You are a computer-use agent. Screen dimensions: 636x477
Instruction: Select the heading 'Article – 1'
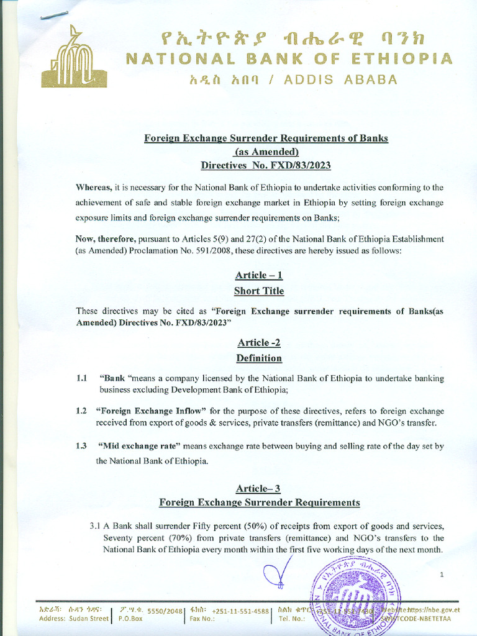coord(259,275)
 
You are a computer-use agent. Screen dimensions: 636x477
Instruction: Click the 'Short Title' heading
coord(259,291)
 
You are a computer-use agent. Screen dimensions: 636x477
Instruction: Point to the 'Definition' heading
coord(259,358)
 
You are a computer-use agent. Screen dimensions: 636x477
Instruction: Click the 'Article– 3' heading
coord(259,488)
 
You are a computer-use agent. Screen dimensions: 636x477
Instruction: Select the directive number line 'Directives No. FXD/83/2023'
coord(266,165)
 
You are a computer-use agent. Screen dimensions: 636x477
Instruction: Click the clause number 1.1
coord(81,378)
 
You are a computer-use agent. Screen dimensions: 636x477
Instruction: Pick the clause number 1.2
coord(81,411)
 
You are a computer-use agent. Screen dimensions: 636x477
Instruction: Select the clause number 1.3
coord(81,446)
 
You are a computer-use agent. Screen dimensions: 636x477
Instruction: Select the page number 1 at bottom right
coord(442,575)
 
